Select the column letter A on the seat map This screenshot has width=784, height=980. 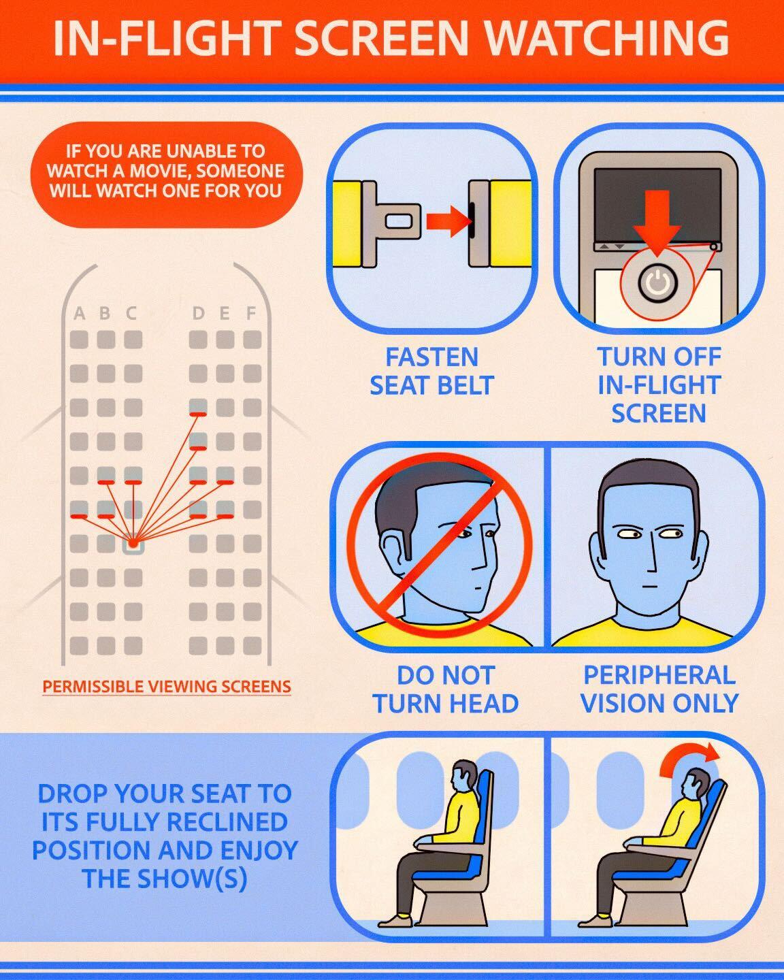79,313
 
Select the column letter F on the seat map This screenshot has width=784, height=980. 251,313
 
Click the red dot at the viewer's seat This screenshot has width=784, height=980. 133,543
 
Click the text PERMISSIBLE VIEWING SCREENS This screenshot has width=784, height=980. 167,686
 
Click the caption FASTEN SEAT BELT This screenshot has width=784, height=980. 432,371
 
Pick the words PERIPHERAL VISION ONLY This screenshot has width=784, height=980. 659,689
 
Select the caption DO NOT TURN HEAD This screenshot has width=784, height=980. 446,689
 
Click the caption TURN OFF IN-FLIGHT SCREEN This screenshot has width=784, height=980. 659,385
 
